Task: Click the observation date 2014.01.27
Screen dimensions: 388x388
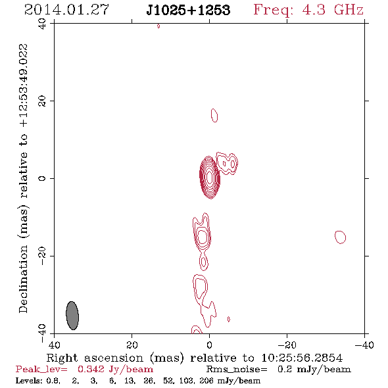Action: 66,10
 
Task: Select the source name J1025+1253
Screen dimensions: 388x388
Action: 188,11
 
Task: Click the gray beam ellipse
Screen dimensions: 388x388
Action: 72,316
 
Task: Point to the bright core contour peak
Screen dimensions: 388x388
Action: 210,178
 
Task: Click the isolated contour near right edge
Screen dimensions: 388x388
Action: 340,237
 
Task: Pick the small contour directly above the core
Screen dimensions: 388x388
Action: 214,115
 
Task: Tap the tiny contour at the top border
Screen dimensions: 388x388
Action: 158,26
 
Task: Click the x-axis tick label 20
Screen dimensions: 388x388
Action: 132,345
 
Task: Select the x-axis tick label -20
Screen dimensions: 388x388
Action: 287,345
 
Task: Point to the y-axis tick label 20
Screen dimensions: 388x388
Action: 42,101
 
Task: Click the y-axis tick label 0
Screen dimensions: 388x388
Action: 42,178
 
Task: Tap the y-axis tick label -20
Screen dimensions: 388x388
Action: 42,256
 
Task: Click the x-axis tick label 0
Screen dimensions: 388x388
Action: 209,345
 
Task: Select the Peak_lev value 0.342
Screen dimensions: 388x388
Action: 91,369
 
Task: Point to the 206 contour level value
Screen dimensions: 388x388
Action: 206,380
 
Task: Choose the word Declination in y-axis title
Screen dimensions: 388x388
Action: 23,279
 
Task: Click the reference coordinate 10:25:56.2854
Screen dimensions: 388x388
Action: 302,358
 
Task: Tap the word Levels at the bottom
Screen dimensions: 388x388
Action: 27,380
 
